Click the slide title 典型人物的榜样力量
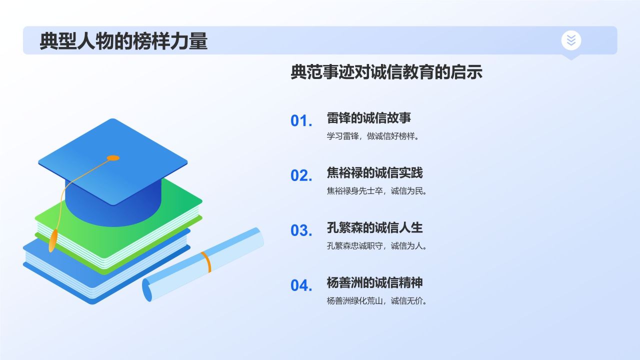click(x=123, y=41)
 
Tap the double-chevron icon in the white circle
click(x=571, y=40)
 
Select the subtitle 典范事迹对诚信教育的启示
click(x=386, y=72)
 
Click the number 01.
click(x=301, y=120)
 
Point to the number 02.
click(x=301, y=175)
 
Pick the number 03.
click(x=301, y=230)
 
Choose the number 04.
click(x=301, y=285)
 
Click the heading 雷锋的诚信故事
click(x=369, y=118)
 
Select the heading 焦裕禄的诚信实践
click(x=374, y=173)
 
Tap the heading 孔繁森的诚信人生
click(x=374, y=227)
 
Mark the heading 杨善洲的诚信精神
click(x=374, y=282)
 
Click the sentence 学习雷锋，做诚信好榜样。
click(x=373, y=136)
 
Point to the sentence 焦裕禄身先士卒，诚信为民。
click(x=377, y=191)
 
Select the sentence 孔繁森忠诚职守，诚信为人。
click(x=377, y=245)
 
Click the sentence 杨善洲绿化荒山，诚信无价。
click(x=377, y=301)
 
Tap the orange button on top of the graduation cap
click(x=113, y=158)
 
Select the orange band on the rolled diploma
click(x=206, y=262)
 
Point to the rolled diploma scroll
click(x=203, y=264)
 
